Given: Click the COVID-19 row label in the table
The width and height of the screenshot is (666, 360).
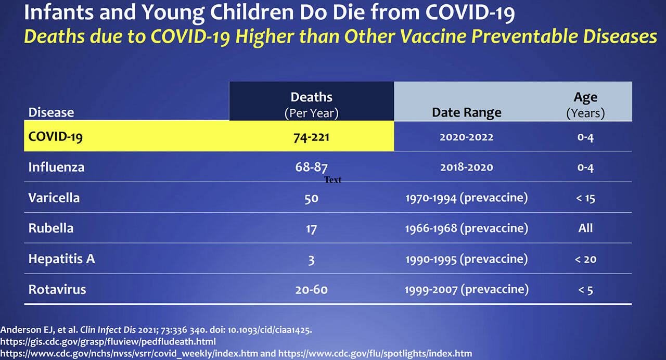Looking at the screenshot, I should (x=55, y=137).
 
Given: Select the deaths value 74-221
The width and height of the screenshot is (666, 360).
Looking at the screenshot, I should (x=311, y=137).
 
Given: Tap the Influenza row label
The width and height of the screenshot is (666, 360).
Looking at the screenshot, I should (x=56, y=168).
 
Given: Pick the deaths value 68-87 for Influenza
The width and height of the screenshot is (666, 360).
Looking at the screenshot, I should (x=311, y=168).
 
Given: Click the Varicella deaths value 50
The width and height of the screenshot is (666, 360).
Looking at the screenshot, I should (x=311, y=198).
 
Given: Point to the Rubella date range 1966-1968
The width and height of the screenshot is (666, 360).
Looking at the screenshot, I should (x=466, y=228).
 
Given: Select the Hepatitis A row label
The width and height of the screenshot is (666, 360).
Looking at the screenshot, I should (x=61, y=259).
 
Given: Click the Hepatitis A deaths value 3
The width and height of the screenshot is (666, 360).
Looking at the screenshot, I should (x=311, y=259).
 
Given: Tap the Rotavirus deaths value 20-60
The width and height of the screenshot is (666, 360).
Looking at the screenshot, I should (x=311, y=290).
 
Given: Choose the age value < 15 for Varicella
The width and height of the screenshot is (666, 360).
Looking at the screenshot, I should (x=585, y=198).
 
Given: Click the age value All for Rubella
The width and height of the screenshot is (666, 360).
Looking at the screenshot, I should (x=585, y=228).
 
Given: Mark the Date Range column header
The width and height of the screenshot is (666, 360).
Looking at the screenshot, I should (x=466, y=112).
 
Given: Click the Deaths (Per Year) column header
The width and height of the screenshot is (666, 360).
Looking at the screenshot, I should (x=311, y=105).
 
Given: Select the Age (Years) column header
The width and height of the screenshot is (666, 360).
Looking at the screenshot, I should (x=585, y=105).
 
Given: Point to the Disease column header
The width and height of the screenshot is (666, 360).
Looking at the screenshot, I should (x=51, y=112).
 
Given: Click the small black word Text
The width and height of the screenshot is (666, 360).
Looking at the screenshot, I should (x=332, y=180).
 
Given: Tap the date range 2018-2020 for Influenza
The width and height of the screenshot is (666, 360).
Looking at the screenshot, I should (x=466, y=168).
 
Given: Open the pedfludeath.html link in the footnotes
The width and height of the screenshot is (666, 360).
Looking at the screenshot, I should (x=108, y=341).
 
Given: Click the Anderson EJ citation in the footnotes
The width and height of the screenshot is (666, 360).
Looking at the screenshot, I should (x=156, y=329).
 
